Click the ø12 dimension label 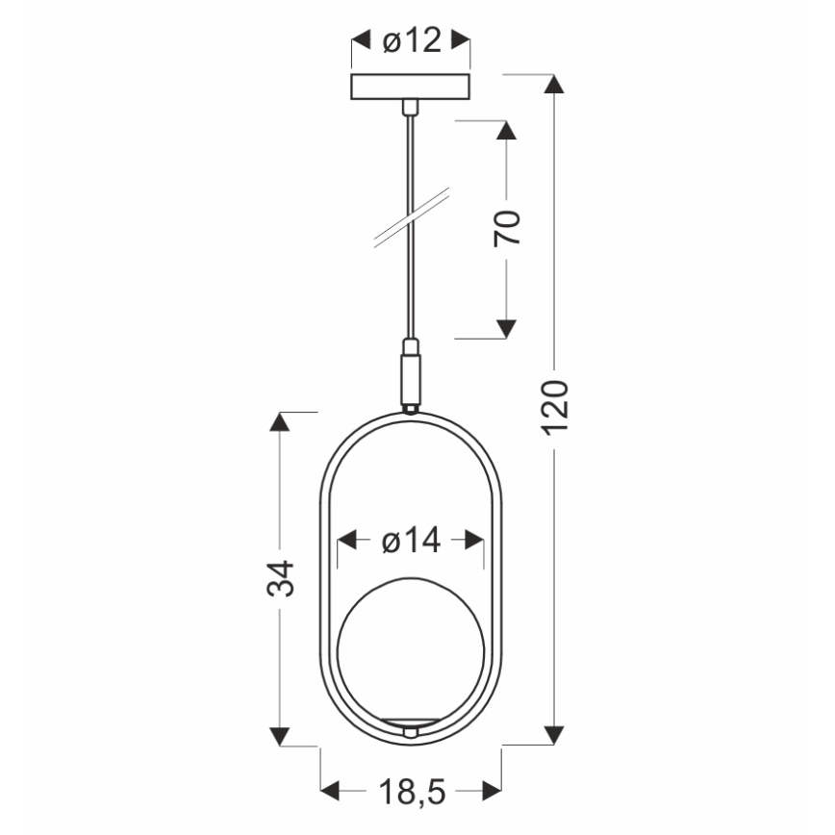point(411,40)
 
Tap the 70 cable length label point(507,228)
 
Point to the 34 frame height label point(280,577)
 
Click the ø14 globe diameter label point(411,541)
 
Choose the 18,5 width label point(411,792)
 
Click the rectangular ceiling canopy point(412,87)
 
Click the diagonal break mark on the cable point(412,219)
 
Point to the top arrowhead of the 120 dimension point(553,84)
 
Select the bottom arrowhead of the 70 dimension point(505,329)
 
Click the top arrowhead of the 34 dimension point(280,422)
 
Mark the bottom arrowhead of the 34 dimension point(280,736)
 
